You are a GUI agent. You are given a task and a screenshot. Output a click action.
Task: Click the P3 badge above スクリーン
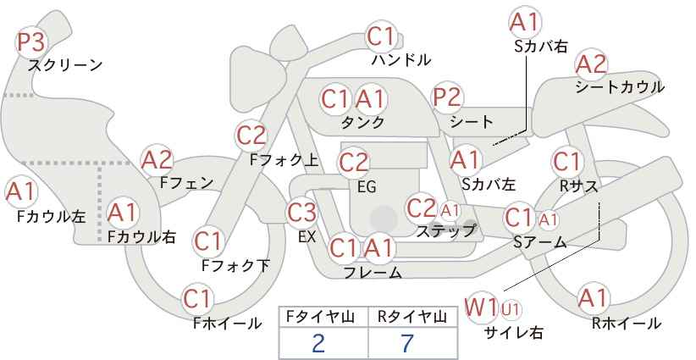[31, 42]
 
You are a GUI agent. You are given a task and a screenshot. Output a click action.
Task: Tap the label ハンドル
[401, 59]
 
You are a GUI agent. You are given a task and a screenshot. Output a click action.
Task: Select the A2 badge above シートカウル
[591, 64]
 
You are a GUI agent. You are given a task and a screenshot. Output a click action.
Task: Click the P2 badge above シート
[447, 97]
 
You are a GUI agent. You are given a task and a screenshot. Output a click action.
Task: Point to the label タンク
[362, 122]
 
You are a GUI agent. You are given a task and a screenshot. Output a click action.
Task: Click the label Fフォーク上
[284, 160]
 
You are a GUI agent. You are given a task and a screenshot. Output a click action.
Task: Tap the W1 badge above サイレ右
[480, 307]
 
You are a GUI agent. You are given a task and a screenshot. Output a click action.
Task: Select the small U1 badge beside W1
[511, 309]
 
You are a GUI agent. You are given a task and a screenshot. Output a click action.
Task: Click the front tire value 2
[318, 343]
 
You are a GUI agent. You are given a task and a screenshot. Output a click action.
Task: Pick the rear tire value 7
[407, 343]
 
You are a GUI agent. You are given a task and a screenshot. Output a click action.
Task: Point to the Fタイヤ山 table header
[320, 317]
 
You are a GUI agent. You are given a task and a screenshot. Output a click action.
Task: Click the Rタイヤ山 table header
[412, 317]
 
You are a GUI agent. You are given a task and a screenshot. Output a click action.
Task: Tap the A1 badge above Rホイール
[593, 298]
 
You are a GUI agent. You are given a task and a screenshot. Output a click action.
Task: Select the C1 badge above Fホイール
[197, 300]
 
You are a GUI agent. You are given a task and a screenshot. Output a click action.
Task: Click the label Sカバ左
[489, 184]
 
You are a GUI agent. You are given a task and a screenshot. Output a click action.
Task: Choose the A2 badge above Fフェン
[157, 160]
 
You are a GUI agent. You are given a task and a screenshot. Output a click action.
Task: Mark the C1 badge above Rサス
[566, 163]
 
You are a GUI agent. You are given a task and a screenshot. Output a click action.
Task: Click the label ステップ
[446, 231]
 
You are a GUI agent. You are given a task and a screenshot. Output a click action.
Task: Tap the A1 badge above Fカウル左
[20, 192]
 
